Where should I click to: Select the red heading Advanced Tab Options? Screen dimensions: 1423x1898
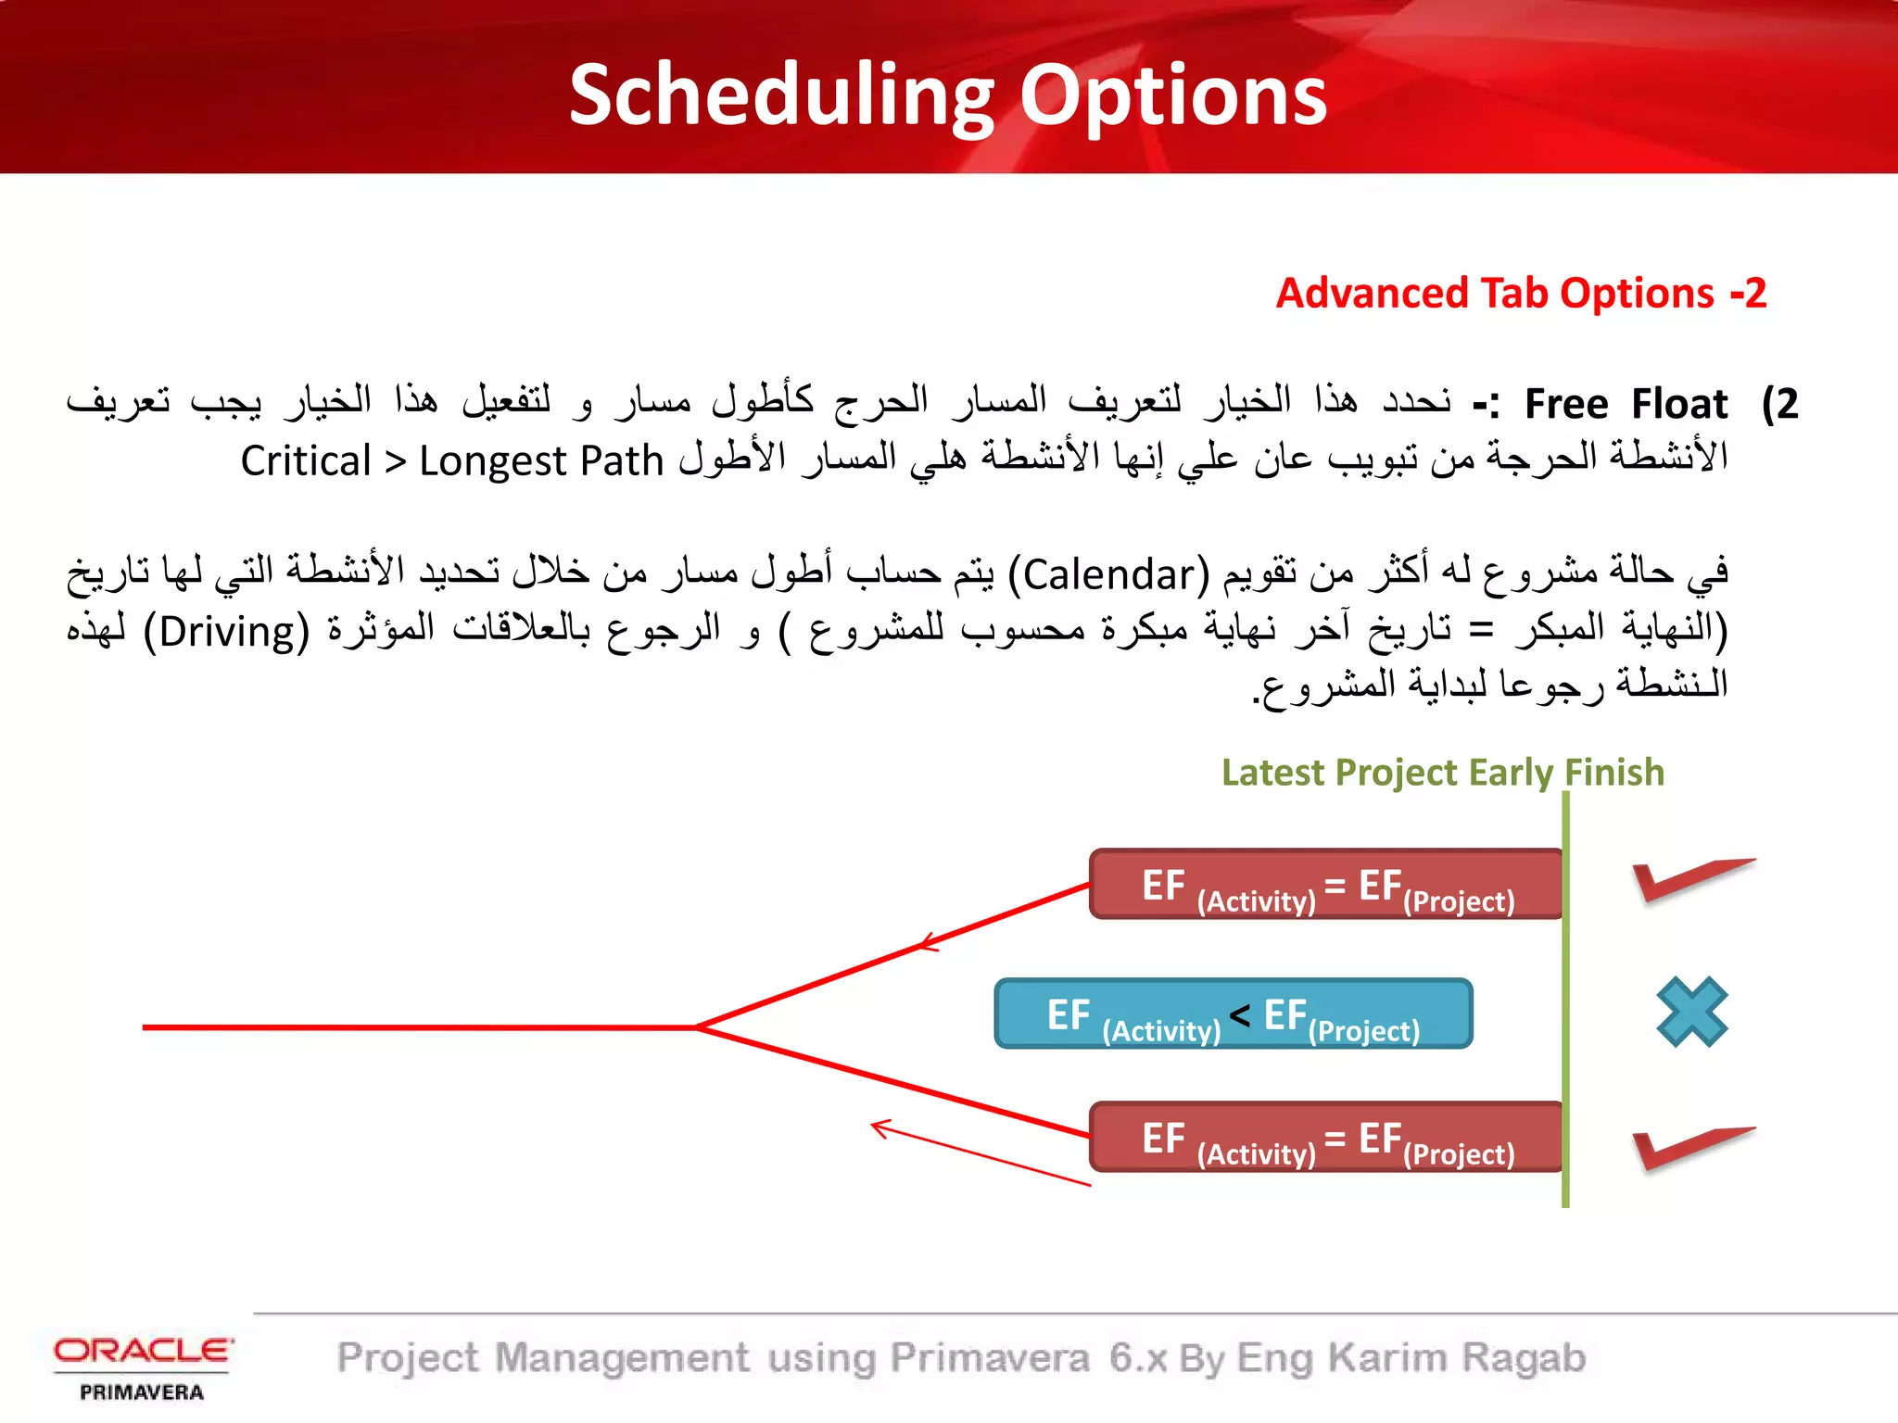(1494, 294)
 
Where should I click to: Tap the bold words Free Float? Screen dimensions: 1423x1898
(1626, 404)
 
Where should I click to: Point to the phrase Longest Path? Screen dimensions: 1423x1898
(541, 461)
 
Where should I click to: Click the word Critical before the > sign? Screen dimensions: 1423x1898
(306, 461)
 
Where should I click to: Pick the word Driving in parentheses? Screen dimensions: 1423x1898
(226, 632)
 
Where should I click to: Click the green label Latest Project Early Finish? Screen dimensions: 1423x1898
(1442, 773)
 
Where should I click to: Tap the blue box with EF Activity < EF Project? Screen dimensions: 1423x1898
(1233, 1014)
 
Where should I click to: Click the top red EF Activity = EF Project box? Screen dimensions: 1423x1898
(1325, 885)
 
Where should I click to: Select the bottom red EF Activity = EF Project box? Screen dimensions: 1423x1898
(1325, 1138)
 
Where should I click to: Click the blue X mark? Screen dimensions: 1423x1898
(1691, 1012)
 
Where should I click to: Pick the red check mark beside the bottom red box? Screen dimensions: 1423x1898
(1689, 1147)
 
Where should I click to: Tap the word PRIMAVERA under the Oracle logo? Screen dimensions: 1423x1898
(142, 1392)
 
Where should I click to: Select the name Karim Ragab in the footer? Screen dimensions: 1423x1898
(1457, 1358)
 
